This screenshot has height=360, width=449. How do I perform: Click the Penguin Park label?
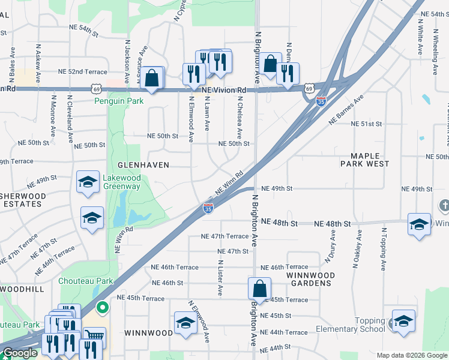point(119,101)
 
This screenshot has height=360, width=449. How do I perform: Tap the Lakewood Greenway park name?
point(122,182)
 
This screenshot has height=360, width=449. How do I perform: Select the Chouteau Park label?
point(86,280)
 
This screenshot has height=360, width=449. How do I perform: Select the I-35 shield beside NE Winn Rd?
point(208,208)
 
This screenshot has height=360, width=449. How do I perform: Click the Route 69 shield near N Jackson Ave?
point(97,89)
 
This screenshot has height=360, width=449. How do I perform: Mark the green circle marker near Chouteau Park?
point(103,308)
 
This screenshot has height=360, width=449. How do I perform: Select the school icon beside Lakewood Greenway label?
point(88,181)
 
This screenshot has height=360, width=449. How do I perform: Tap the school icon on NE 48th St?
point(418,224)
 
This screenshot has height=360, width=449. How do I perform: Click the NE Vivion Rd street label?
point(224,90)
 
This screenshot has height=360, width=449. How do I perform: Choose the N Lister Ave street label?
point(220,277)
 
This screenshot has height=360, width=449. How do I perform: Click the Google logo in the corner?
point(20,353)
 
